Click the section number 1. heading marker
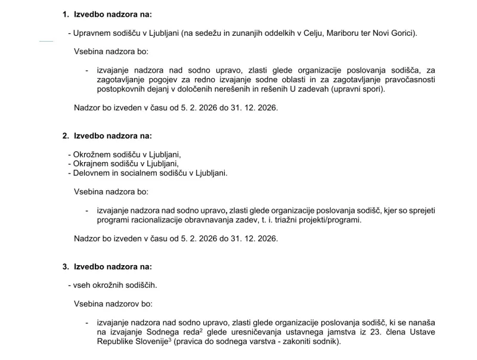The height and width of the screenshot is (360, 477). coord(66,14)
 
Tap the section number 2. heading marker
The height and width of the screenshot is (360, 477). coord(66,136)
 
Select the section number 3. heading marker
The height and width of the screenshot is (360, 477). coord(66,266)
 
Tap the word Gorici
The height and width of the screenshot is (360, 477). coord(403,33)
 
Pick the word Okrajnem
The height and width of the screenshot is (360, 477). coord(89,164)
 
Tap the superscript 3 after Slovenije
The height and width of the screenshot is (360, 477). coord(171,340)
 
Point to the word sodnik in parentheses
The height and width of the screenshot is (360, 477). coord(326,342)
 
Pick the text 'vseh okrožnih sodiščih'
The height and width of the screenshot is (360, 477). coord(115,285)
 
